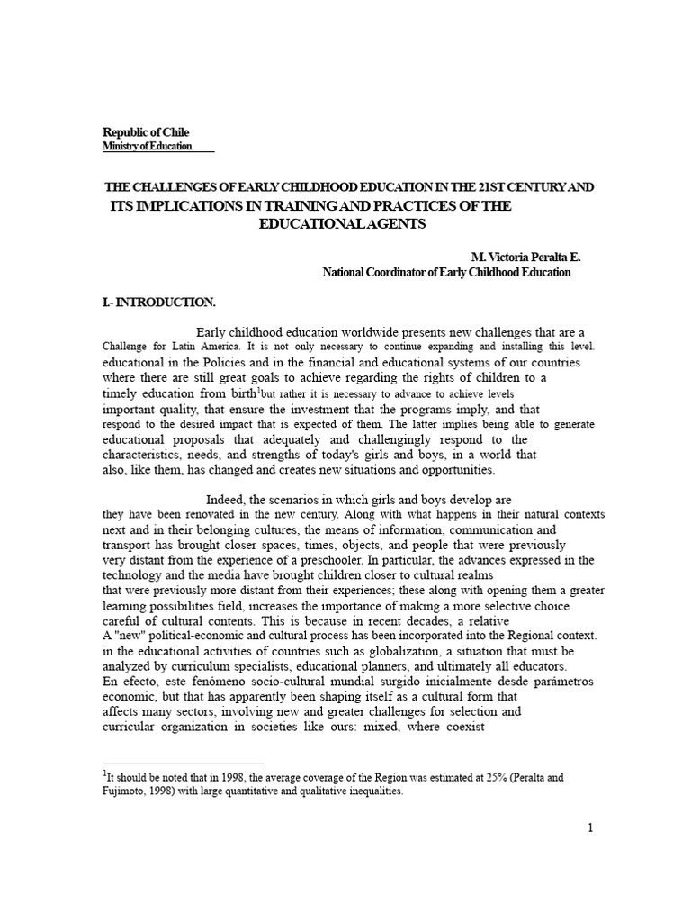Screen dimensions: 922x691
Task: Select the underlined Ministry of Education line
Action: tap(147, 146)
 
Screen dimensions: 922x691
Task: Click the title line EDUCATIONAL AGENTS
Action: tap(343, 223)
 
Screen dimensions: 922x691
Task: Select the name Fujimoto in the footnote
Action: tap(129, 791)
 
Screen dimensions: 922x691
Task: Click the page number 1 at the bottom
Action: tap(590, 830)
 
